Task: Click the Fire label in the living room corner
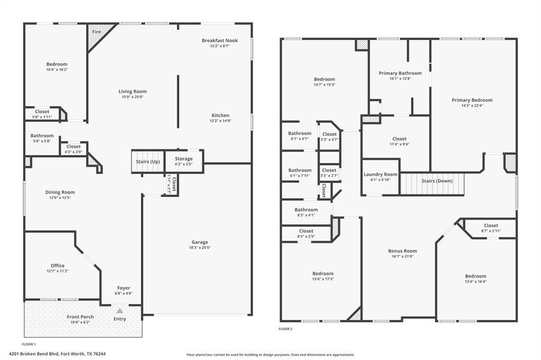click(97, 32)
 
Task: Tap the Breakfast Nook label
click(220, 41)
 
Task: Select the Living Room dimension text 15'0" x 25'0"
click(133, 97)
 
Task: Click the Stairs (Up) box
click(148, 162)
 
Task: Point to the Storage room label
click(184, 158)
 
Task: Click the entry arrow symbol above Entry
click(120, 311)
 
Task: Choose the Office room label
click(58, 266)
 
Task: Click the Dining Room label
click(60, 192)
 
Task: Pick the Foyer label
click(124, 288)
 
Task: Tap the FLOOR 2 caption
click(285, 329)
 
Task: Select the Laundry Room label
click(380, 174)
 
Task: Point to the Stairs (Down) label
click(437, 181)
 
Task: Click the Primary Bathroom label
click(400, 73)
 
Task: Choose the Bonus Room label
click(403, 251)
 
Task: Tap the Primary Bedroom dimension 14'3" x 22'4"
click(472, 105)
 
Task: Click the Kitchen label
click(220, 115)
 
